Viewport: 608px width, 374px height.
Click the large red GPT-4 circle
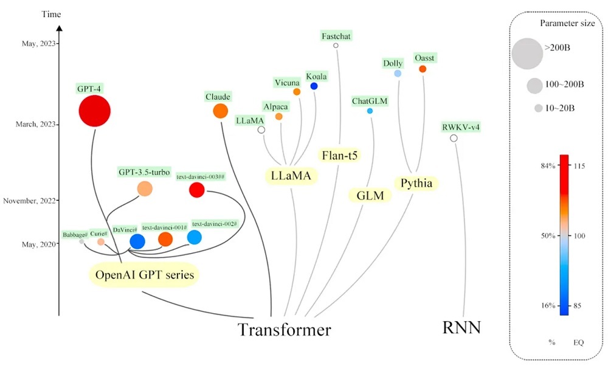(x=94, y=111)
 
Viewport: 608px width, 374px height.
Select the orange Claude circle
(x=220, y=111)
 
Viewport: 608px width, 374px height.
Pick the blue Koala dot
(x=314, y=86)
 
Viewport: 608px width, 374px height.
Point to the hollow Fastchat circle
(x=335, y=45)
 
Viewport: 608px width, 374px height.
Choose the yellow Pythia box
(x=417, y=182)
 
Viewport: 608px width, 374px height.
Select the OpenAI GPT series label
(x=145, y=275)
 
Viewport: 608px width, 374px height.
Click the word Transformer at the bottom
(x=284, y=330)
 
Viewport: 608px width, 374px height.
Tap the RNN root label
(x=462, y=328)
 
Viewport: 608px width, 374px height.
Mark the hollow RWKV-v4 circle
(x=454, y=139)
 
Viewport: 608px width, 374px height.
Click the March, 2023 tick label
(x=33, y=124)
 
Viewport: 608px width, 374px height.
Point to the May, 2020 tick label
(x=37, y=244)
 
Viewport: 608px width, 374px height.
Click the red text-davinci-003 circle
(x=196, y=190)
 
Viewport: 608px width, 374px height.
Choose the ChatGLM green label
(x=370, y=100)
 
